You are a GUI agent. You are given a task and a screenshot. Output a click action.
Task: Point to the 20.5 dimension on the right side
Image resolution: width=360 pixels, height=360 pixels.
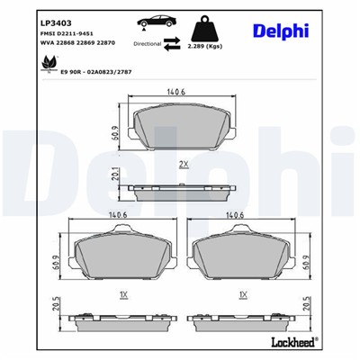coord(306,306)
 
